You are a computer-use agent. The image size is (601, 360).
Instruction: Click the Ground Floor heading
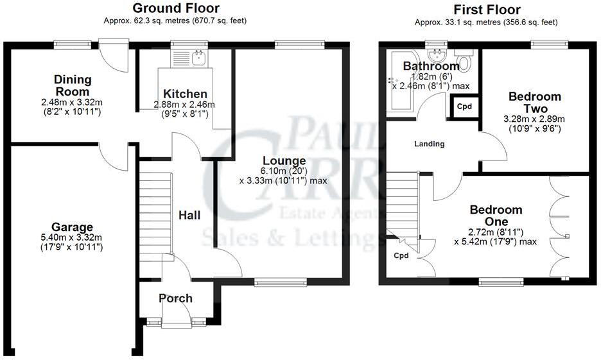click(175, 8)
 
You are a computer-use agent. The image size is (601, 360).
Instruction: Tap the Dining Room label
click(72, 86)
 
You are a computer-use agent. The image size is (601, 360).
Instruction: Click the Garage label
click(73, 227)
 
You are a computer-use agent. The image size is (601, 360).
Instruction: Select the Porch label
click(175, 298)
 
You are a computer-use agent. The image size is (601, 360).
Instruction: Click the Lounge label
click(283, 160)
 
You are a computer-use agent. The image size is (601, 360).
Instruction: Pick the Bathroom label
click(431, 66)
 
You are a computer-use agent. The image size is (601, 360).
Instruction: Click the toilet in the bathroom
click(464, 62)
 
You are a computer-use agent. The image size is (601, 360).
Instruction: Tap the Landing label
click(429, 144)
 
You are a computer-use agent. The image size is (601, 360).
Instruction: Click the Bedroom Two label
click(534, 102)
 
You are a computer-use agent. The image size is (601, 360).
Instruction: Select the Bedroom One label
click(496, 216)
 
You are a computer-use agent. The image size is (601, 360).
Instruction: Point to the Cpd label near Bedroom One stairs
click(401, 255)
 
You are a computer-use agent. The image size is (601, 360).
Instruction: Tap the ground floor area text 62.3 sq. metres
click(175, 21)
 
